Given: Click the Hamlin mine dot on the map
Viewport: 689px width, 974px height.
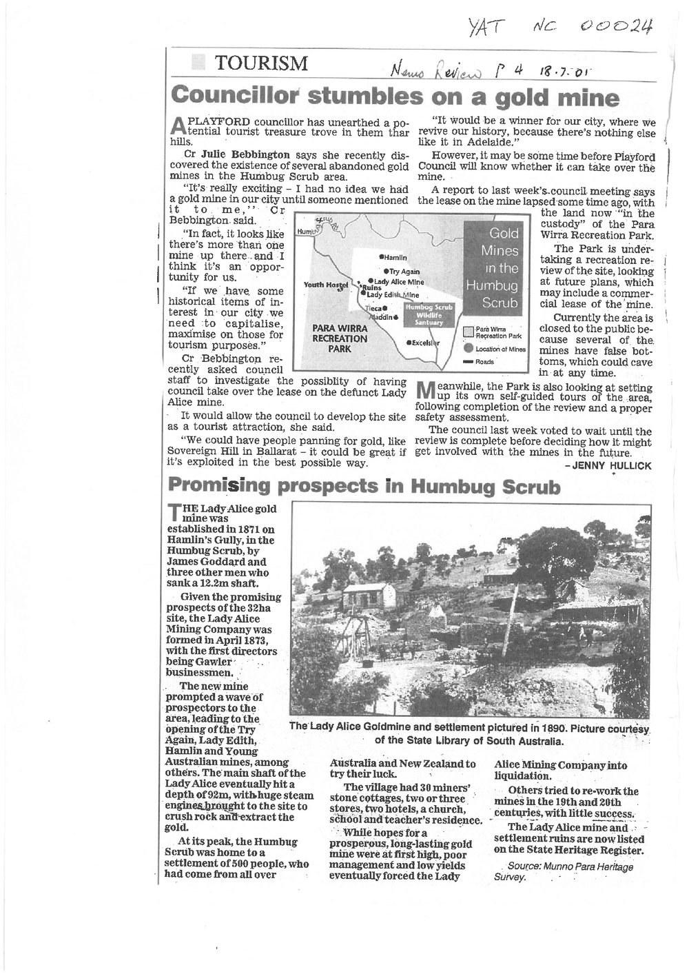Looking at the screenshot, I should point(382,256).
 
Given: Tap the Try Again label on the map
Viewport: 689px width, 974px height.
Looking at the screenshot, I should point(404,272).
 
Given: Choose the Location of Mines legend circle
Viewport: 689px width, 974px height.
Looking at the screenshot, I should point(469,349).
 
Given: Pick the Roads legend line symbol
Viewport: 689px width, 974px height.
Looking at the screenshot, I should point(469,362).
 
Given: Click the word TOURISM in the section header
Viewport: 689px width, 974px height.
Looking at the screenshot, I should point(262,64).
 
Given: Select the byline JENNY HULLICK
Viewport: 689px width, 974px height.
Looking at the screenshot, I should point(608,465).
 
